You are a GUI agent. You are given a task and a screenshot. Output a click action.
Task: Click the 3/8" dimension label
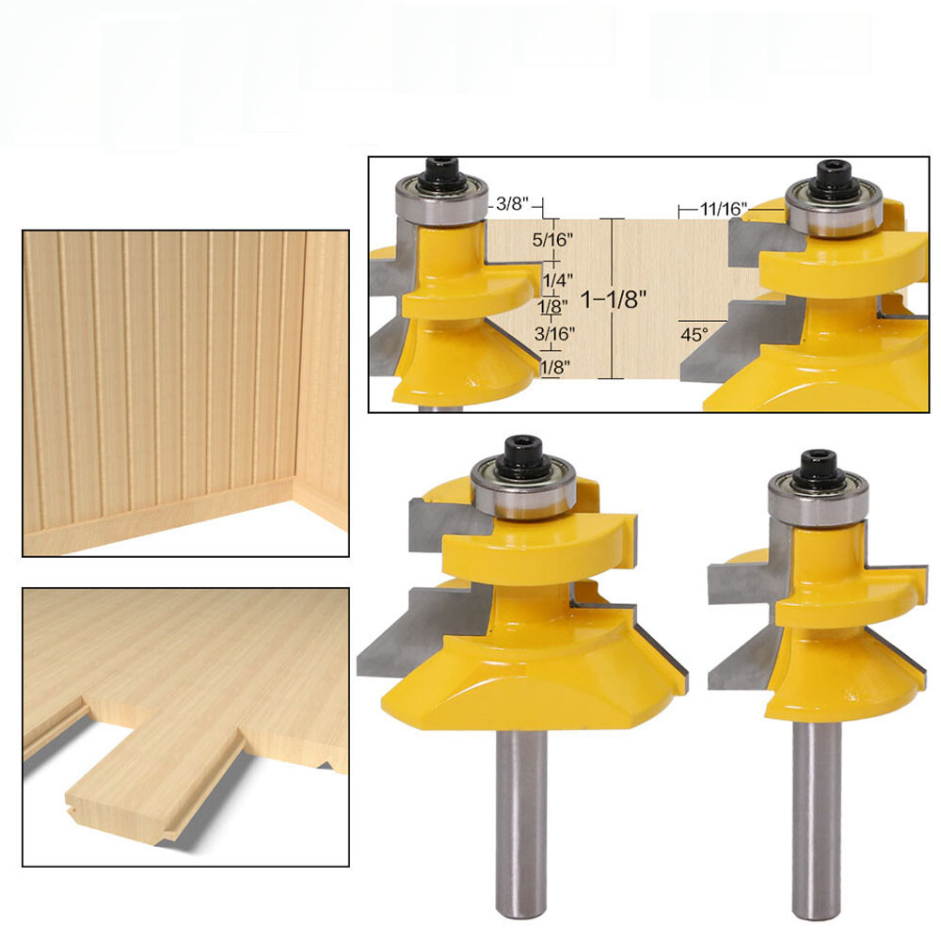(514, 203)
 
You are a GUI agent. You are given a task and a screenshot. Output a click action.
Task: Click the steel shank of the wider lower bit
(519, 819)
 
